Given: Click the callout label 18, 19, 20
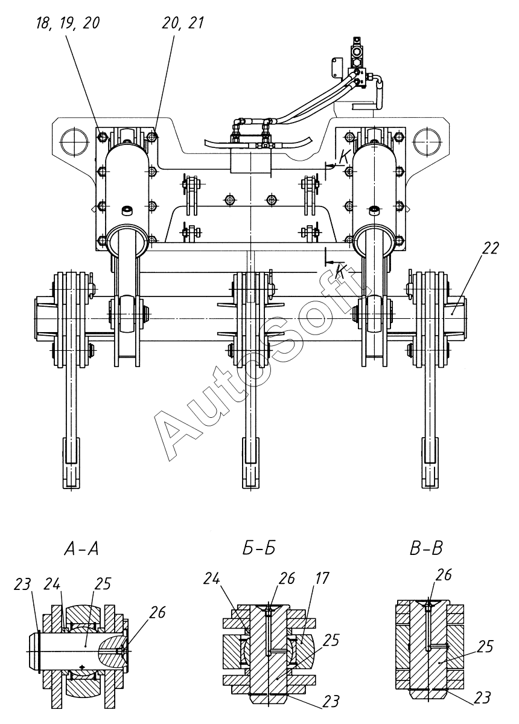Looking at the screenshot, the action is [68, 23].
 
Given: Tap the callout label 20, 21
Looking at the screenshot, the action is [183, 23].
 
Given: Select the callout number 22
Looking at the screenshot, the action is [490, 248].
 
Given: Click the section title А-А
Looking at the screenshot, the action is [81, 548].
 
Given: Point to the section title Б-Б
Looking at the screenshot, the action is [258, 548].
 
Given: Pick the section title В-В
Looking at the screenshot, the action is [426, 548].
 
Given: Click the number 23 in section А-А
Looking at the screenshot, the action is [22, 584].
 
